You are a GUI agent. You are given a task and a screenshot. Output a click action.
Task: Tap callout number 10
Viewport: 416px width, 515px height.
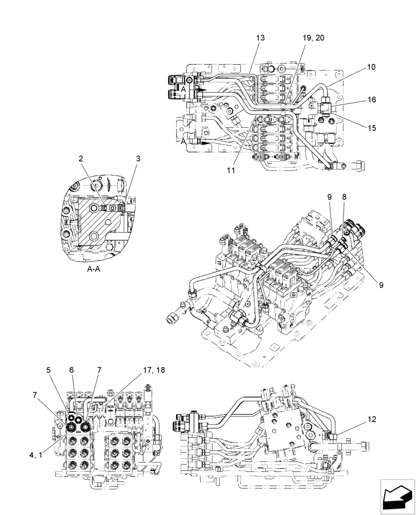[x=371, y=67]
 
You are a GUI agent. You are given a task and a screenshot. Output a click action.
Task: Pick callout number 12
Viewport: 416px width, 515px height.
[x=372, y=419]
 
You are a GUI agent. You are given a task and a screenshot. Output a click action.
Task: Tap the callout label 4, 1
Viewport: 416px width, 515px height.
[x=37, y=455]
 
